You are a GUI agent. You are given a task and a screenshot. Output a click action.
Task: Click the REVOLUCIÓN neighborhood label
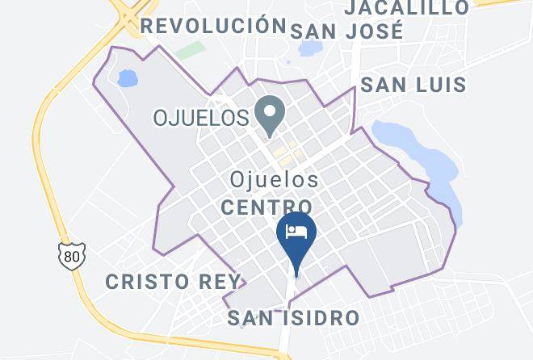(214, 25)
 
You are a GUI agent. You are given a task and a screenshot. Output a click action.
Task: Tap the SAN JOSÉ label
(346, 31)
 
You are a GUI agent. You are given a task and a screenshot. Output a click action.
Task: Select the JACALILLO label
(406, 8)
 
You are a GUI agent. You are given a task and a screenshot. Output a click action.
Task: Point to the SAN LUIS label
(413, 84)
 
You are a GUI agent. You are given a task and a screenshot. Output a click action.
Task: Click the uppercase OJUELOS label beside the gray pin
(201, 118)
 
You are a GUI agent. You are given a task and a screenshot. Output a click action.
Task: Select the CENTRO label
(267, 207)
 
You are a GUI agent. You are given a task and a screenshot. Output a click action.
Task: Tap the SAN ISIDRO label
(292, 317)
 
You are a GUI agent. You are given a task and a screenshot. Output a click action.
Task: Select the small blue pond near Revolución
(126, 78)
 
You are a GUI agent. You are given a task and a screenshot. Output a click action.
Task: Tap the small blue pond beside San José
(308, 49)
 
